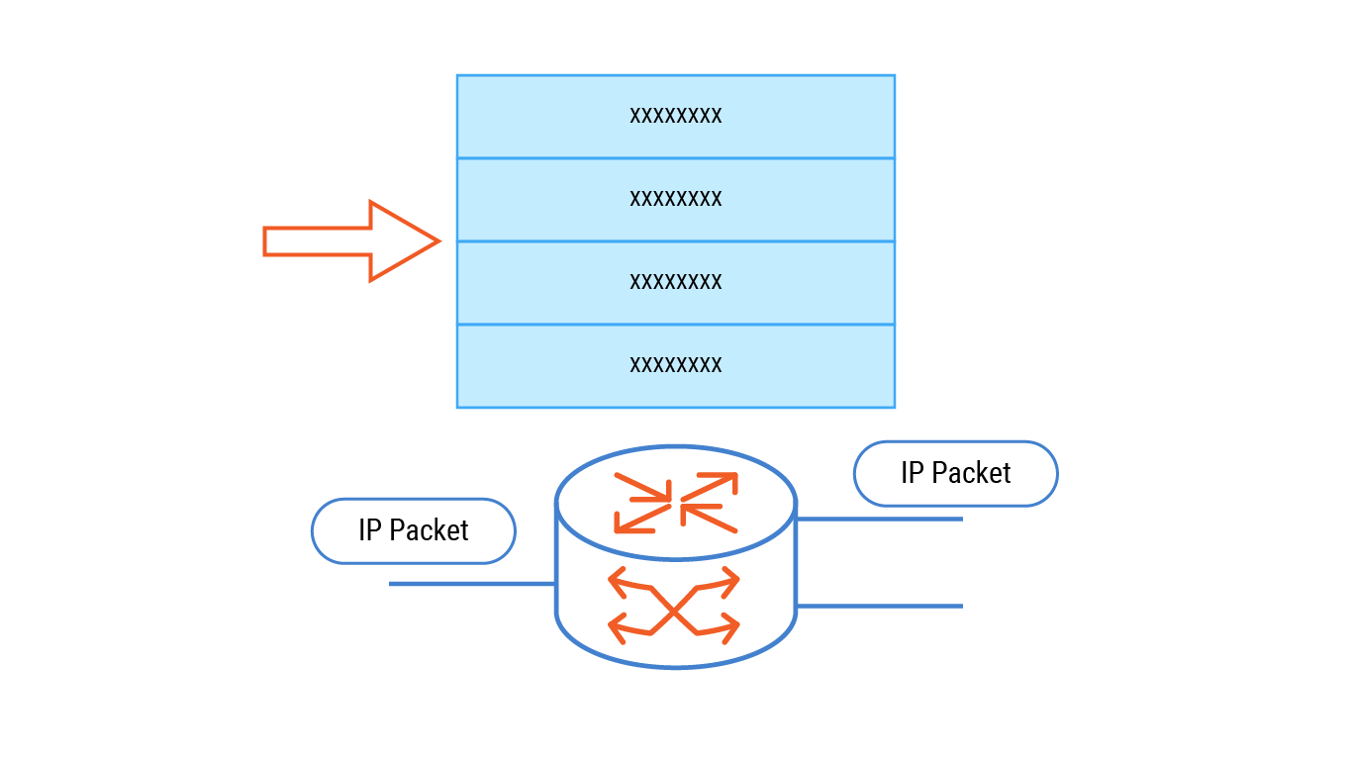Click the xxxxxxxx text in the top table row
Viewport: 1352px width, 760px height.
pyautogui.click(x=676, y=116)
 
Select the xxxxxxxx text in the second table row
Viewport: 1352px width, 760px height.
pyautogui.click(x=676, y=199)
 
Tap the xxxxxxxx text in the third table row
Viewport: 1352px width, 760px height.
pyautogui.click(x=676, y=282)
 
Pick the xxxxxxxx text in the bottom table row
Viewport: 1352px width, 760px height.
pyautogui.click(x=676, y=365)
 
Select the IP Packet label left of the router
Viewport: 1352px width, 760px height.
pyautogui.click(x=414, y=530)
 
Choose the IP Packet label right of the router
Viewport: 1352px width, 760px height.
pyautogui.click(x=956, y=473)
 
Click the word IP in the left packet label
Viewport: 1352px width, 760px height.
pyautogui.click(x=369, y=530)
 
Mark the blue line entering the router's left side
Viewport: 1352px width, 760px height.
pyautogui.click(x=471, y=584)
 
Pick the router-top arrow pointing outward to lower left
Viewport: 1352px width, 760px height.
pyautogui.click(x=638, y=519)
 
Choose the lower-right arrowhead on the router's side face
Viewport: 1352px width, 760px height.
pyautogui.click(x=730, y=626)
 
